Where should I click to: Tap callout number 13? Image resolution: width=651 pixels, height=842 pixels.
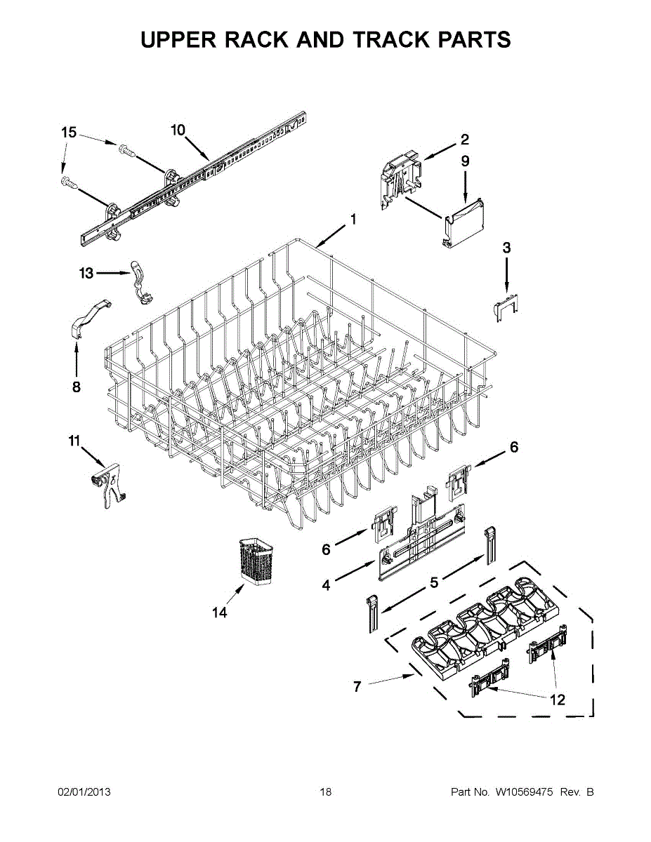click(86, 273)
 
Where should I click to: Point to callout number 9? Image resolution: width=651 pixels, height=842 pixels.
click(465, 161)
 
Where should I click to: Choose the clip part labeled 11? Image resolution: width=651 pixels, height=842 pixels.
click(107, 485)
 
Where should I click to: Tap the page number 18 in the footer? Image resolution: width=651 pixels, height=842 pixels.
click(325, 792)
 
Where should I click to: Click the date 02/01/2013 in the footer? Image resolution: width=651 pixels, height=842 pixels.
click(84, 792)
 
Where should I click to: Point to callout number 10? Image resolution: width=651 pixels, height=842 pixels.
click(178, 130)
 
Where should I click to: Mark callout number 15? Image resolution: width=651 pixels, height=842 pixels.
click(68, 133)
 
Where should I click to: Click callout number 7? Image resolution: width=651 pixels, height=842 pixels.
click(357, 687)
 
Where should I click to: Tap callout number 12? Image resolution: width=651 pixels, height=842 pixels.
click(557, 700)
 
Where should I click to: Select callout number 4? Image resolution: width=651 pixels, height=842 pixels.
click(326, 584)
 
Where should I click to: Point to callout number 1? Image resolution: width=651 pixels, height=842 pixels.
click(353, 219)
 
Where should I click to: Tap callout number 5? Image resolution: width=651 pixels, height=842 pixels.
click(434, 582)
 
